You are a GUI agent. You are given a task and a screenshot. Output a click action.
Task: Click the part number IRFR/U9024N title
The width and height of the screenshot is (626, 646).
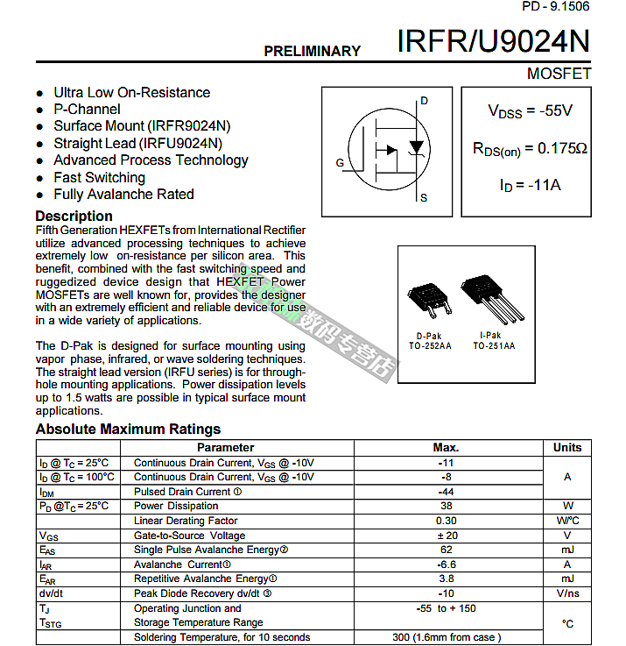pos(493,41)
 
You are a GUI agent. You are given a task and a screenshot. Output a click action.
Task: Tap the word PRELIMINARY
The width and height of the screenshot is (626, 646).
pos(313,51)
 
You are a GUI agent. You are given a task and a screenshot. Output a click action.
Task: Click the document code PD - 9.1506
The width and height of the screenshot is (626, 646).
pos(556,7)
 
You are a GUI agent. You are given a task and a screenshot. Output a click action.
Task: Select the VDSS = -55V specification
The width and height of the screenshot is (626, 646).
pos(530,111)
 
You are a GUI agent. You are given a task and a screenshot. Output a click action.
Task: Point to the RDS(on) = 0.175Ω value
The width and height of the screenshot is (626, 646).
pos(530,149)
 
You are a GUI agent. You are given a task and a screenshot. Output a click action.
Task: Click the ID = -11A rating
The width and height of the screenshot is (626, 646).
pos(530,185)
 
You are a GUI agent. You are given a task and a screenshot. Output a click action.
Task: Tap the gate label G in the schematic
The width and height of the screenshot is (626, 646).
pos(340,163)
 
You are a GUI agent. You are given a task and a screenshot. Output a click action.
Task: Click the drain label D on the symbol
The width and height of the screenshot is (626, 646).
pos(424,101)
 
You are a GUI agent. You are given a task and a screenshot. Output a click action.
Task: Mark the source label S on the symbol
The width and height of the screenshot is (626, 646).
pos(424,198)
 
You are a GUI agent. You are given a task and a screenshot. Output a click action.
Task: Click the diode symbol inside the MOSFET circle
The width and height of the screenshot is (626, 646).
pos(417,146)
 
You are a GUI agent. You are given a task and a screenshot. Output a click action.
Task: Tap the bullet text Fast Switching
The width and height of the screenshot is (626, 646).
pos(99,177)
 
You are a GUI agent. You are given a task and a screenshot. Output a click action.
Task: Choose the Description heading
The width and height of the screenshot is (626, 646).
pos(74,216)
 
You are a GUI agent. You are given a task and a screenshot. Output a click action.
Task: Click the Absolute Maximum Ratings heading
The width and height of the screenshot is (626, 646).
pos(128,429)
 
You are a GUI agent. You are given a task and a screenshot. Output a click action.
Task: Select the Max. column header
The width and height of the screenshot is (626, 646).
pos(446,447)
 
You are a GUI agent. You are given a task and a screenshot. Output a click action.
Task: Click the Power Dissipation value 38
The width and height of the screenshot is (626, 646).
pos(446,506)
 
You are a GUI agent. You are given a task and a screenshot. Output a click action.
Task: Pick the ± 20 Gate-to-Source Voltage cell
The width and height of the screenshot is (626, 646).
pos(447,536)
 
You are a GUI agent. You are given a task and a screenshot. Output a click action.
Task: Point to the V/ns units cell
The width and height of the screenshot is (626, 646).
pos(567,593)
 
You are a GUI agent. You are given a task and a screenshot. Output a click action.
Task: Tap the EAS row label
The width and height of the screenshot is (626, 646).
pos(47,550)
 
